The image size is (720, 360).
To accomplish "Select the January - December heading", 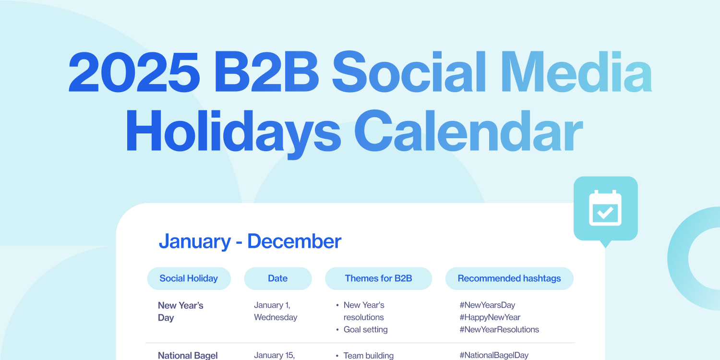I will [x=250, y=241].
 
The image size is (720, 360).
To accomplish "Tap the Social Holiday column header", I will [x=189, y=278].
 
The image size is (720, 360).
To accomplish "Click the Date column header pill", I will [x=277, y=278].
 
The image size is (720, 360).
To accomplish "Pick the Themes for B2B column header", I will [x=378, y=278].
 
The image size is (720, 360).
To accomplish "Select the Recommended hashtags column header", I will [x=509, y=278].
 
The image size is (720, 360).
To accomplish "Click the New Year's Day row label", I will [x=180, y=311].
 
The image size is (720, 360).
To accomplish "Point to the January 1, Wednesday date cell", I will [x=275, y=311].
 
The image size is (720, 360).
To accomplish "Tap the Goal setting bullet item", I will [x=365, y=329].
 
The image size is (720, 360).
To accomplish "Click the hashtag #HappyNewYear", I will [x=490, y=317].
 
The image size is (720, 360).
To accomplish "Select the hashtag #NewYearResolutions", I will [x=499, y=329].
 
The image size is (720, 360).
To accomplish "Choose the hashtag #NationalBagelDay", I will [x=493, y=355].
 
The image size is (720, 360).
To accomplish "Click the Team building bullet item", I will [x=368, y=356].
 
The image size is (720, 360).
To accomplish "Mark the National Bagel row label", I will [x=188, y=356].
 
